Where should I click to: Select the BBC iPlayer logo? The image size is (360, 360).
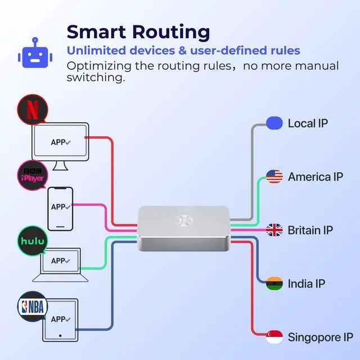pos(33,174)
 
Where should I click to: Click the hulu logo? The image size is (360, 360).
pos(33,240)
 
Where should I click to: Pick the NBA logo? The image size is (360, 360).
pos(33,306)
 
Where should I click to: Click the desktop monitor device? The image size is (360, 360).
pos(60,143)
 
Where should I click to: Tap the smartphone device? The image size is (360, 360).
pos(60,208)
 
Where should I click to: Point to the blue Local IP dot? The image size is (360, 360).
pos(274,123)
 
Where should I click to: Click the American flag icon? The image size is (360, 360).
pos(274,177)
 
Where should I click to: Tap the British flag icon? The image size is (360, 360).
pos(274,230)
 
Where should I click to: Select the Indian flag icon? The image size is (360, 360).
pos(274,283)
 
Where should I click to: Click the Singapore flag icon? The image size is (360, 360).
pos(274,337)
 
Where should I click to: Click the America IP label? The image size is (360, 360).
pos(315,177)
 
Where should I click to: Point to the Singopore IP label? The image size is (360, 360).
pos(321,337)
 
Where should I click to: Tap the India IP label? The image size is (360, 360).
pos(307,283)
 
